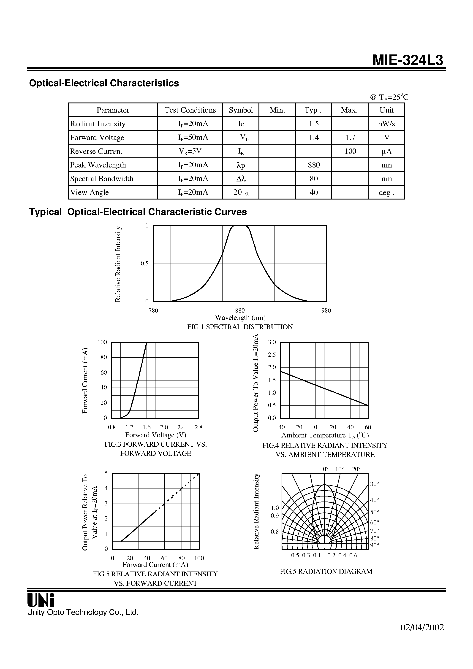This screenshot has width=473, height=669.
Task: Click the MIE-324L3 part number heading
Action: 408,61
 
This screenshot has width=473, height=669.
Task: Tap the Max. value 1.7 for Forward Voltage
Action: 350,138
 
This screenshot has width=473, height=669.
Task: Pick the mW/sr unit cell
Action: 386,124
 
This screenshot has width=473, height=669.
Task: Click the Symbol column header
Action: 241,110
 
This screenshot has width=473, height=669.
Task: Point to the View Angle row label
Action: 90,193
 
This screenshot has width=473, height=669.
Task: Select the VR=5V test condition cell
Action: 190,151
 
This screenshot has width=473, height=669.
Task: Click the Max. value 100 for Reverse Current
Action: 350,151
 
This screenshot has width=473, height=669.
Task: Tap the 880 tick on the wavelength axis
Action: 240,311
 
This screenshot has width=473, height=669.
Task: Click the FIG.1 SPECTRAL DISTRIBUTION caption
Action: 240,327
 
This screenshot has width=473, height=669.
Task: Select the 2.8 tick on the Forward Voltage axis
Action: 198,427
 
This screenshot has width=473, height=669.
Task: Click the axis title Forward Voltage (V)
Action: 155,435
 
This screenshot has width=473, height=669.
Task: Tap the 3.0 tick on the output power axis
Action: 272,342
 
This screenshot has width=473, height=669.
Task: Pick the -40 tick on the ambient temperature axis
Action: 280,427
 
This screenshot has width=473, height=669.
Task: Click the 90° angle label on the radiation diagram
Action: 374,545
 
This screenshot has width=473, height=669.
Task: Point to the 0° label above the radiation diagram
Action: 325,469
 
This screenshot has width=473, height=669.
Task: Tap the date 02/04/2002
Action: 422,627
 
